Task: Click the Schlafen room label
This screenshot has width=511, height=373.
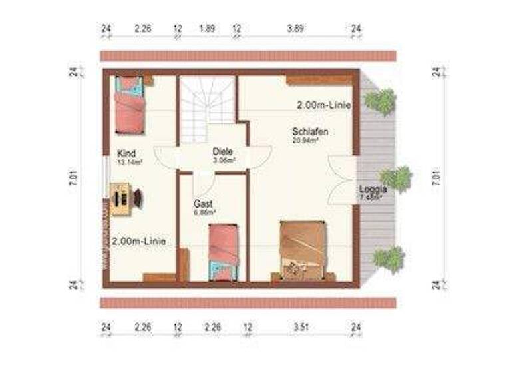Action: tap(309, 131)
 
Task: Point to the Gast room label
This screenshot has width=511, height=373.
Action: tap(204, 203)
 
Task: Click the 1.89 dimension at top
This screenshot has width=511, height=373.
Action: tap(206, 29)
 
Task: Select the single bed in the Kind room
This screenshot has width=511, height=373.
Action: tap(129, 104)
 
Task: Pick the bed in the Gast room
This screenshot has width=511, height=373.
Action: tap(222, 252)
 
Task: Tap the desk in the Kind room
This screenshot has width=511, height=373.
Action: tap(121, 198)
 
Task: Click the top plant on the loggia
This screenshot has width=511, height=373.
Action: tap(381, 101)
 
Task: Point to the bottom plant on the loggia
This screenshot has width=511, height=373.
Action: tap(389, 258)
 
